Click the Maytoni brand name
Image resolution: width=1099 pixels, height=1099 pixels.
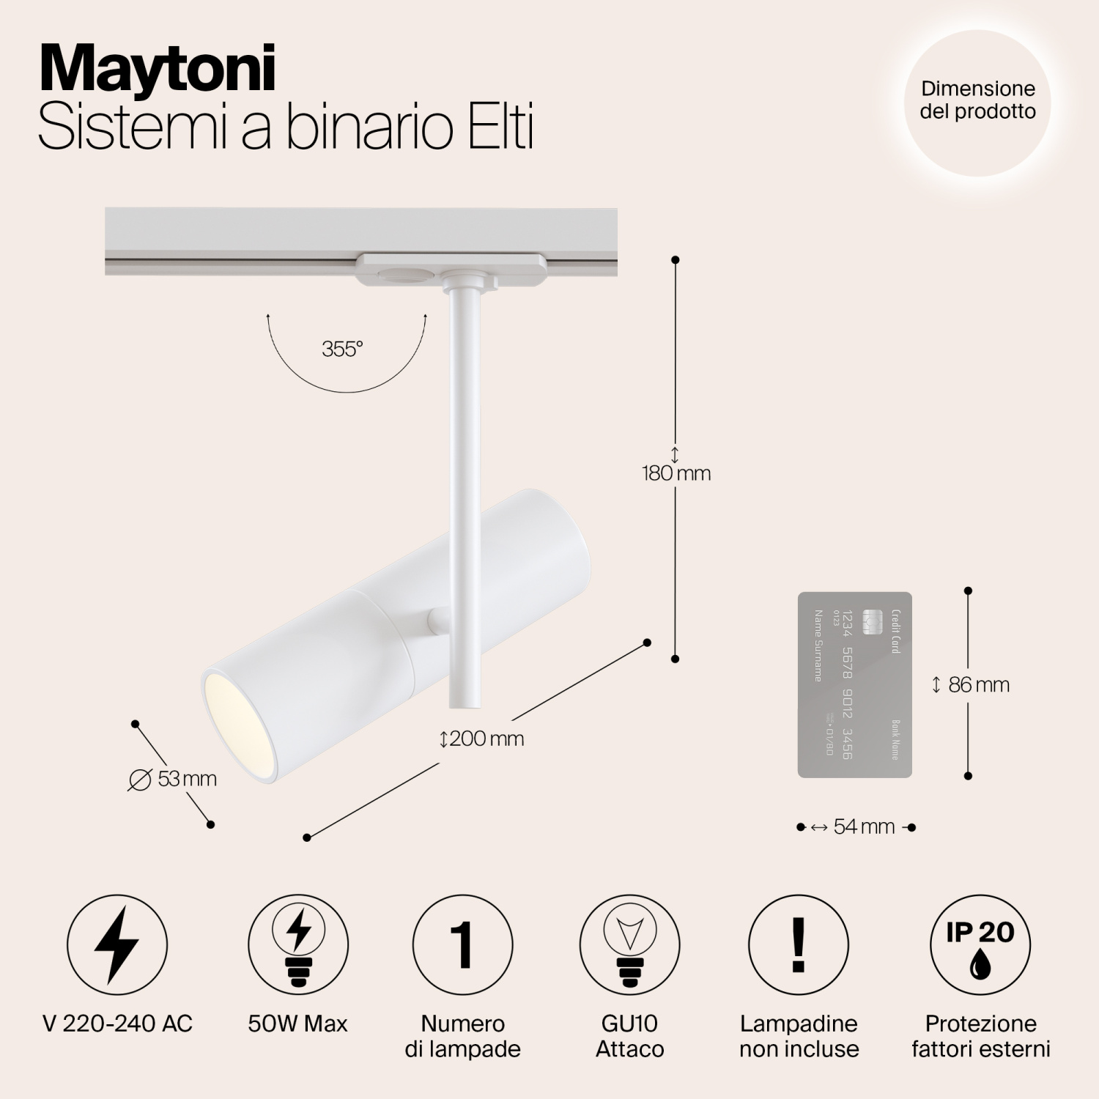(x=157, y=70)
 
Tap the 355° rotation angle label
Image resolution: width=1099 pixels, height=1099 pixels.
(x=342, y=349)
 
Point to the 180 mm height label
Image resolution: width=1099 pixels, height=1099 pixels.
(x=676, y=473)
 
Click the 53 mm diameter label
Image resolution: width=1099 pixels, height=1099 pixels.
(x=174, y=780)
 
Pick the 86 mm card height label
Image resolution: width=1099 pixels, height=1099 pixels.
(x=972, y=685)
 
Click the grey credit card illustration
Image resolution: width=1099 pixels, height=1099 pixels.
(x=854, y=684)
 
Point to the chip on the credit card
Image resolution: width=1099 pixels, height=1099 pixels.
(x=871, y=623)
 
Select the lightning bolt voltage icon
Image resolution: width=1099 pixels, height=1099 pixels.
(x=117, y=944)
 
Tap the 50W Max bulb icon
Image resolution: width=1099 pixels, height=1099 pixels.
(x=297, y=944)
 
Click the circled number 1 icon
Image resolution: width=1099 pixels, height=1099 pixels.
(x=462, y=944)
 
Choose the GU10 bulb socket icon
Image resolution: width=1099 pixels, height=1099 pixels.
(x=629, y=944)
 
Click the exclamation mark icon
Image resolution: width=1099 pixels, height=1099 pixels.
(x=799, y=944)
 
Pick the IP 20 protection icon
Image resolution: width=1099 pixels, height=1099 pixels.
(x=980, y=944)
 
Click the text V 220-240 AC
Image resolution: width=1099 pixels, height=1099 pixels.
(x=118, y=1024)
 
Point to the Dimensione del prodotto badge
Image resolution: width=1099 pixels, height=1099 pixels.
(x=978, y=101)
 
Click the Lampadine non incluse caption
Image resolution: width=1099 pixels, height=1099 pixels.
(x=799, y=1036)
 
